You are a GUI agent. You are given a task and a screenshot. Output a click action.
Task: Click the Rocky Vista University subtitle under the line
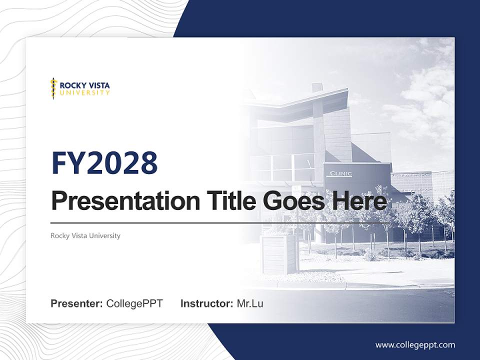85,235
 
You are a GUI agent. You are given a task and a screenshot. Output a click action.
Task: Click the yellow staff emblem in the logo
53,88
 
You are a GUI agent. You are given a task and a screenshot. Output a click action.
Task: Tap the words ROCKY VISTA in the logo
84,85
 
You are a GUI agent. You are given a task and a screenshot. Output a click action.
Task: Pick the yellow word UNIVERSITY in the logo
84,92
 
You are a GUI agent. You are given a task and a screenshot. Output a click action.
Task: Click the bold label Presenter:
77,303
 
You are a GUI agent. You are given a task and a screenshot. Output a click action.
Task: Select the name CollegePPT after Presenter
134,303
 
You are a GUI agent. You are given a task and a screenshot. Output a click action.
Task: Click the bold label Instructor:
206,303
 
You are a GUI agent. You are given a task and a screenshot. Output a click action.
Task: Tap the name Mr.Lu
250,303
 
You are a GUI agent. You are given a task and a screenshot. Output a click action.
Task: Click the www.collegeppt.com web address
415,344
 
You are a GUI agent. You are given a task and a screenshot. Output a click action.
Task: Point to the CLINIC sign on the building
340,174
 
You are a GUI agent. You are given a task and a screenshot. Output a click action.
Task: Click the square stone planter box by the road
278,253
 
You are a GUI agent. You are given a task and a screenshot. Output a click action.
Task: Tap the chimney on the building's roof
317,87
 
